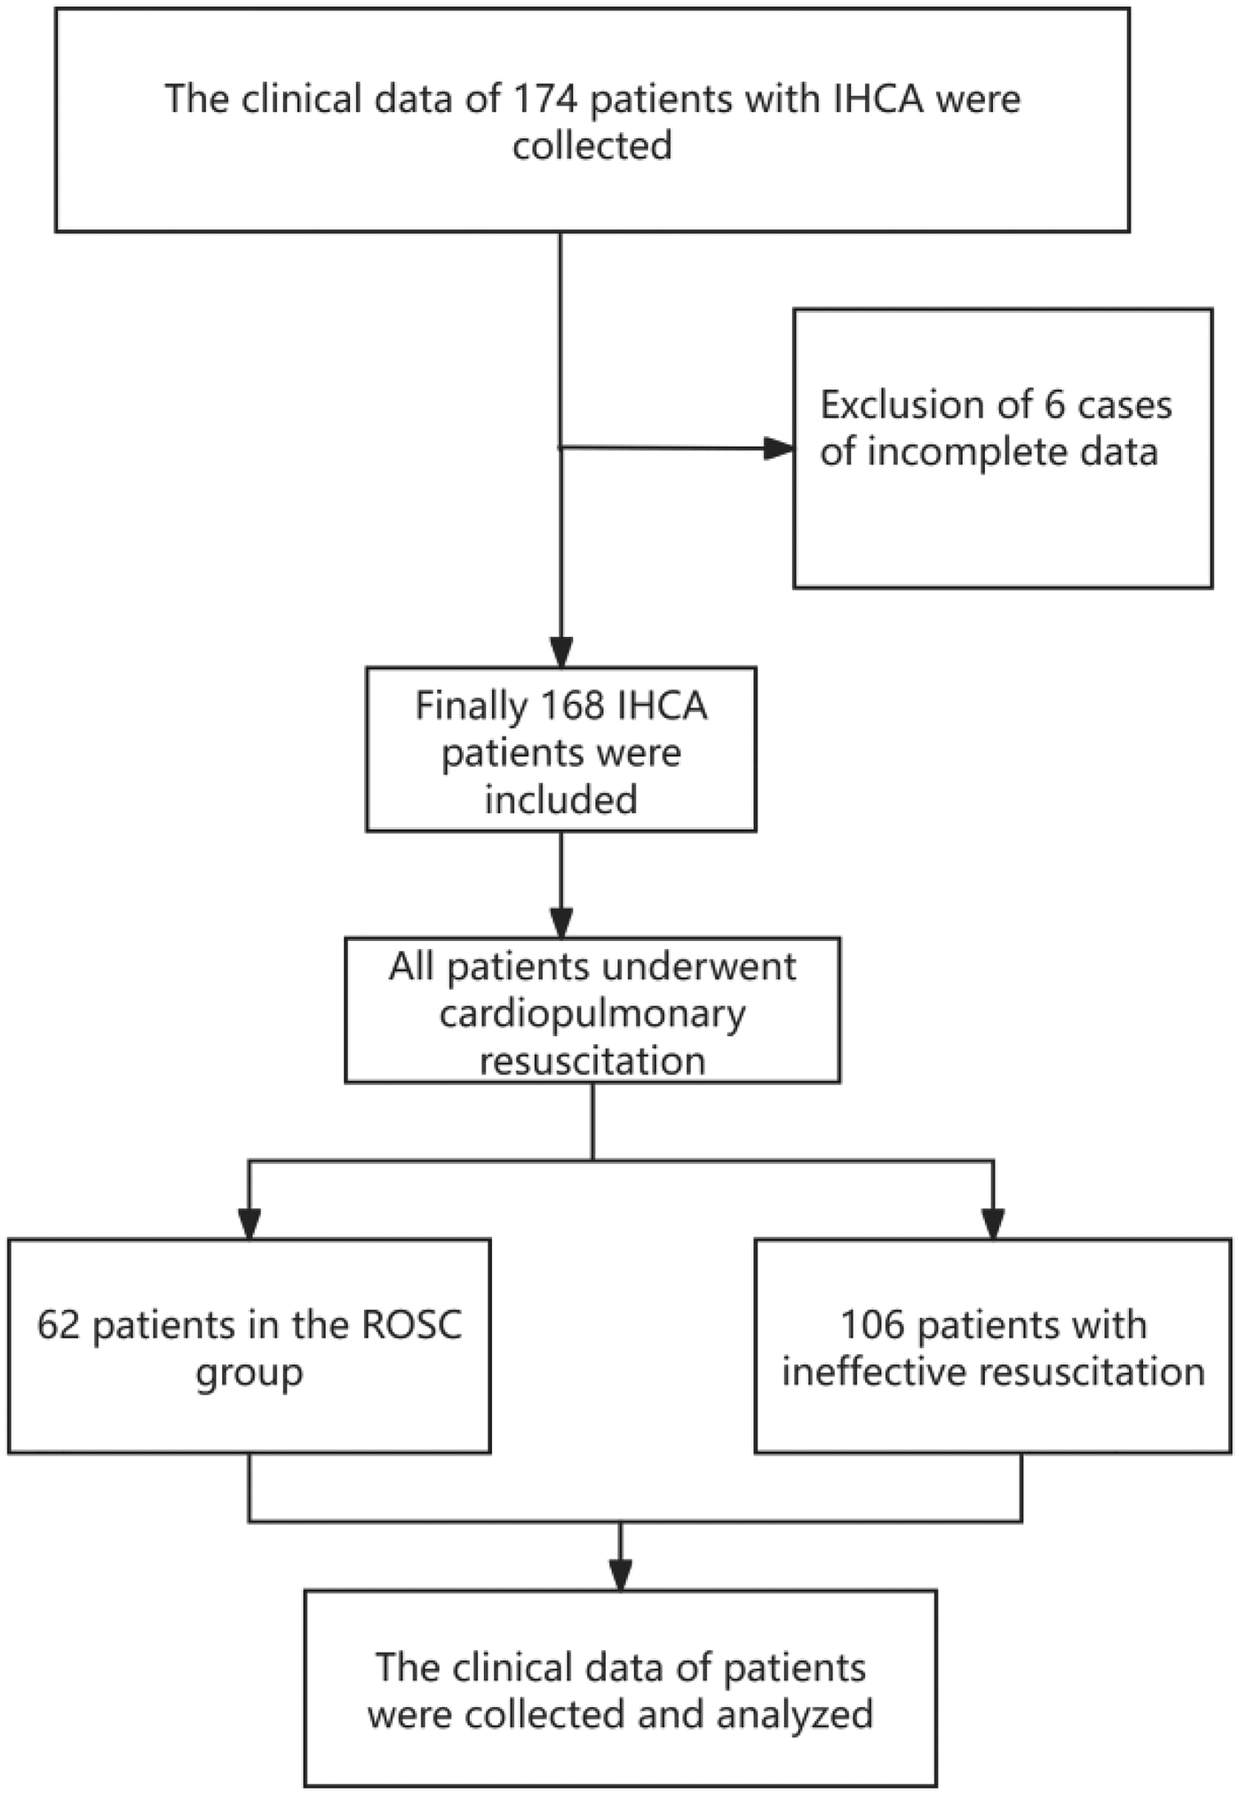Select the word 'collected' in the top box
pos(592,146)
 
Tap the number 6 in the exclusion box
pos(1054,405)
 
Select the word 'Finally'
pos(471,706)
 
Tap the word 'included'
pos(560,800)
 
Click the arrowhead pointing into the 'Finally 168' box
pos(561,651)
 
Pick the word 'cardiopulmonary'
pos(592,1014)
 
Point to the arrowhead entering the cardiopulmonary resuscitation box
pos(561,921)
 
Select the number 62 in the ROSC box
pos(59,1325)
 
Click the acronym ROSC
pos(412,1325)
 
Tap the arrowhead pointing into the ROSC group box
pos(250,1224)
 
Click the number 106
pos(872,1325)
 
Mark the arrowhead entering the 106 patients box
pos(993,1224)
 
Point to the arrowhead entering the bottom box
pos(621,1575)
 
